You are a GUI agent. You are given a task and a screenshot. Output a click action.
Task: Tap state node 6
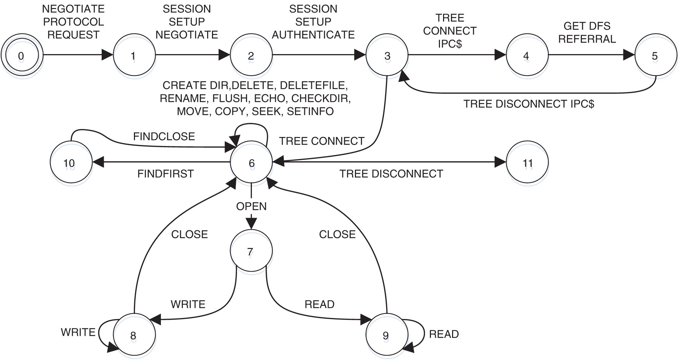252,165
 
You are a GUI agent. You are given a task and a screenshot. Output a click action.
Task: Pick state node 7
251,255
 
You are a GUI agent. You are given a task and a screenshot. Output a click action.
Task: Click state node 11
528,166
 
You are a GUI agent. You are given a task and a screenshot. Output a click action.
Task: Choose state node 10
70,166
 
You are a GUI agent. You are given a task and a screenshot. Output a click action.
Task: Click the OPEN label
251,206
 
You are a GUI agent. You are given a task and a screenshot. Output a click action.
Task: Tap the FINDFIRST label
165,173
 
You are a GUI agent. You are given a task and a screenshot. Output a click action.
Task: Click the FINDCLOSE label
164,136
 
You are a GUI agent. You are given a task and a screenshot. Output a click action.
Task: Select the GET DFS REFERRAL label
587,33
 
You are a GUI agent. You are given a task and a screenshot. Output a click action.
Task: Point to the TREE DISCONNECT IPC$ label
529,104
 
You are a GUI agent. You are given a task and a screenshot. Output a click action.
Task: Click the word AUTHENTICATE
313,35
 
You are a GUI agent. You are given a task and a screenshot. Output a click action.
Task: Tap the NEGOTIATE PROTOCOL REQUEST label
73,22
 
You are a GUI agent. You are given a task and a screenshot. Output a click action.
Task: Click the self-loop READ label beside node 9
444,334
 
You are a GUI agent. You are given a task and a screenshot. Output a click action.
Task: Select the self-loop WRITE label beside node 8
78,332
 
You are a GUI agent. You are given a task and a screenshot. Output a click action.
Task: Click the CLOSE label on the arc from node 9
337,234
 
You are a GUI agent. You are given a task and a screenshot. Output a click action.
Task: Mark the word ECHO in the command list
269,98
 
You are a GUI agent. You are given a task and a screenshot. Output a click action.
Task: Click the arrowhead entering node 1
108,55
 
